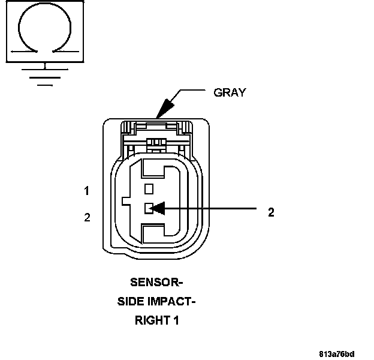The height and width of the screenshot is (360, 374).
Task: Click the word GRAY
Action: (x=230, y=92)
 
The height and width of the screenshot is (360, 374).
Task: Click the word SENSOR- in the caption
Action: (x=156, y=281)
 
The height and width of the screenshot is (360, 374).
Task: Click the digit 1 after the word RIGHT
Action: (x=176, y=320)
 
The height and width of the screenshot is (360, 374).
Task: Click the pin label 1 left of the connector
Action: (x=87, y=191)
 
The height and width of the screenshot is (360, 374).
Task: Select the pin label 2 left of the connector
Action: (x=87, y=217)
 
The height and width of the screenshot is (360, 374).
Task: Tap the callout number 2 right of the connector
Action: (x=271, y=212)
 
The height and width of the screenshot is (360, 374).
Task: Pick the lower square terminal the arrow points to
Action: (x=149, y=208)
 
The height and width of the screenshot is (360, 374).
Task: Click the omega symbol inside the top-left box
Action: (x=45, y=31)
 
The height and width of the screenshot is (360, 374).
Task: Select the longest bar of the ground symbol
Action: (x=45, y=69)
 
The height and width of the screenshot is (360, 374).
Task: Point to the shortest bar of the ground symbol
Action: (x=45, y=85)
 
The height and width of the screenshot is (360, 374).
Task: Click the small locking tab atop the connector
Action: (x=157, y=142)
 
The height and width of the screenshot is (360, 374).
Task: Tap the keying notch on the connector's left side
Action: (x=126, y=200)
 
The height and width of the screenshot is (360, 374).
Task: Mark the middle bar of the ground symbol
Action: (x=45, y=77)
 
